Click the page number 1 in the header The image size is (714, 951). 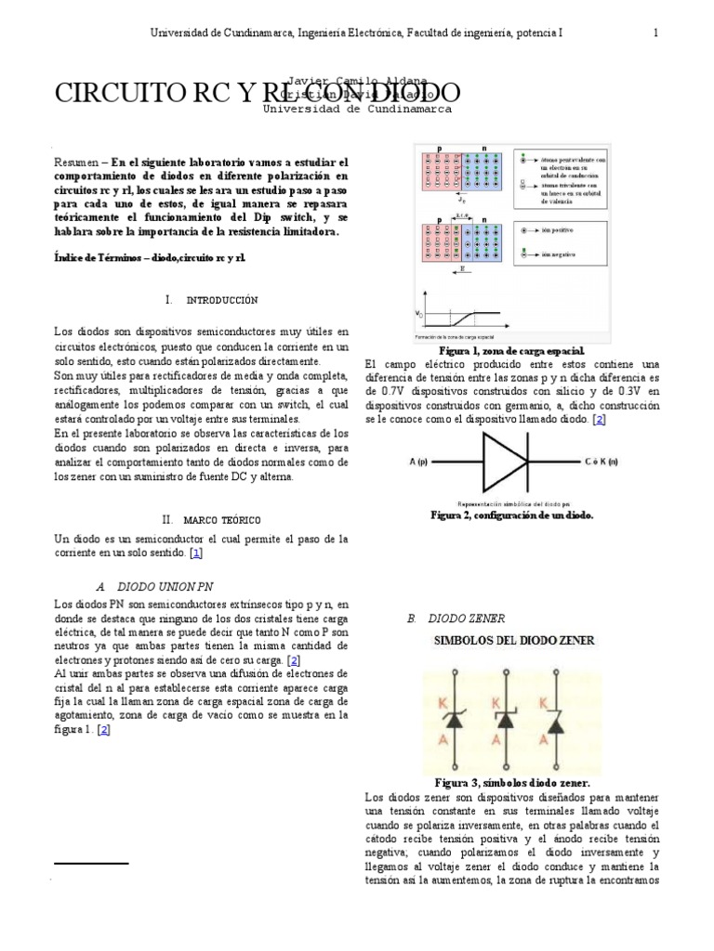657,33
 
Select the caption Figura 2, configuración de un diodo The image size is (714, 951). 511,515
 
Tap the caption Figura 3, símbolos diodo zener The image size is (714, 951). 512,783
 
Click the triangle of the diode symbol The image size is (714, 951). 503,460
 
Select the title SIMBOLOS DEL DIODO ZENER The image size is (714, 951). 516,641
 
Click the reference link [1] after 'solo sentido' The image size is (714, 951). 195,553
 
